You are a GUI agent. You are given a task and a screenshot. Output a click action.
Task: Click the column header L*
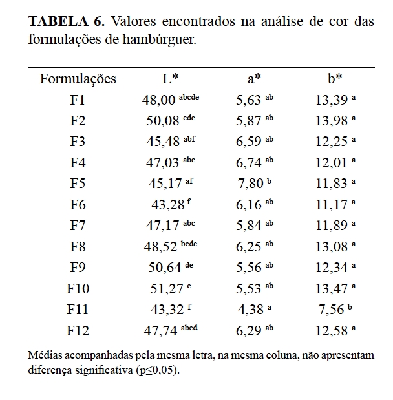[x=170, y=79]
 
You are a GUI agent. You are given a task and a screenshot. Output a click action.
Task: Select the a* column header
[x=254, y=79]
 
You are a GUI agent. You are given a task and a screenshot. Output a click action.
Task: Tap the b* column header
[x=334, y=79]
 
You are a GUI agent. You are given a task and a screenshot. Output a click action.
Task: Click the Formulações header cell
[x=78, y=79]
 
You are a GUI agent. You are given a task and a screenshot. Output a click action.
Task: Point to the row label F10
[x=78, y=289]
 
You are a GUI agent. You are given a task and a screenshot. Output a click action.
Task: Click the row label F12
[x=78, y=331]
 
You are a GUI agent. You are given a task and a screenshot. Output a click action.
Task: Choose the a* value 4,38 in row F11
[x=250, y=310]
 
